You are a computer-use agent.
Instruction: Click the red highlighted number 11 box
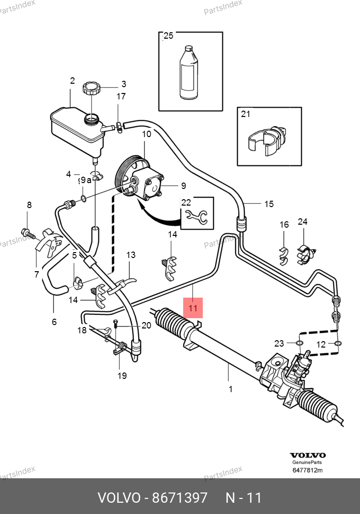pos(192,308)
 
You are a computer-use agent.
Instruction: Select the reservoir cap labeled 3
pos(92,89)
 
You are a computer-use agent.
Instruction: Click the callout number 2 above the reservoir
pos(72,81)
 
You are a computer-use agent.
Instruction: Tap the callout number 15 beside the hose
pos(269,204)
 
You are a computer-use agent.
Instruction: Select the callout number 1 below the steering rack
pos(230,389)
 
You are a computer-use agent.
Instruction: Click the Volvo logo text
pos(307,455)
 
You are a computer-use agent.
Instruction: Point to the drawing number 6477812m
pos(307,471)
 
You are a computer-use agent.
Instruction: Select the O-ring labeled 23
pos(300,343)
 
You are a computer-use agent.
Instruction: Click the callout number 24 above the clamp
pos(303,222)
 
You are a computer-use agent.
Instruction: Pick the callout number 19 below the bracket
pos(122,375)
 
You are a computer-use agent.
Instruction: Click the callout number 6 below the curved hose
pos(54,322)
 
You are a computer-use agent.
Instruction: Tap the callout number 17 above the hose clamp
pos(121,96)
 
